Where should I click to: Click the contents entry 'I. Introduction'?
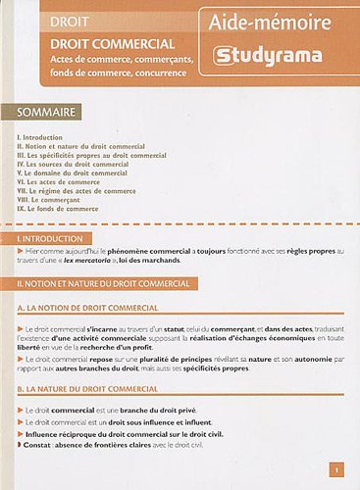click(40, 137)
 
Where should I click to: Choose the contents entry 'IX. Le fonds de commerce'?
click(58, 208)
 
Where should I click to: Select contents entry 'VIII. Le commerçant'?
click(51, 199)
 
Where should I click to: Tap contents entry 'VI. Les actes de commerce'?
click(59, 181)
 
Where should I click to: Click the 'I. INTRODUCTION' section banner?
click(50, 238)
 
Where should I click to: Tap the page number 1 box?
click(334, 469)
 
